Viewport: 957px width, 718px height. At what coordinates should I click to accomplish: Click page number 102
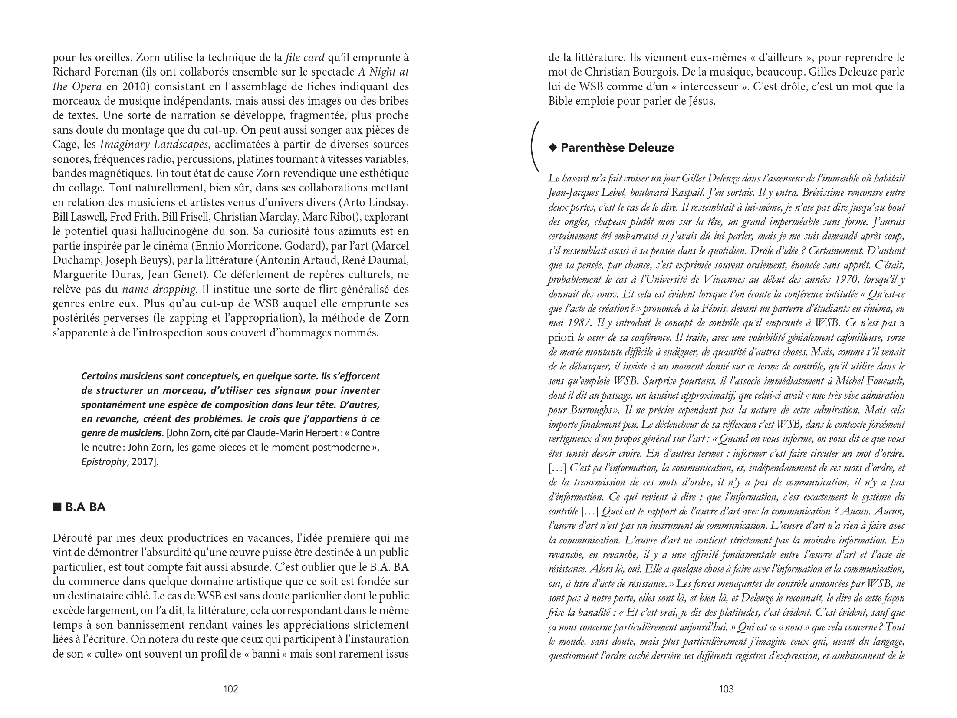tap(230, 689)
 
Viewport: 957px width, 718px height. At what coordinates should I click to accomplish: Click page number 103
tap(726, 689)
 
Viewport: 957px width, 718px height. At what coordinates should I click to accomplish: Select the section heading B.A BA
tap(85, 507)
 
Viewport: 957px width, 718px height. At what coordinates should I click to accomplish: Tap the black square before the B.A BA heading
tap(57, 507)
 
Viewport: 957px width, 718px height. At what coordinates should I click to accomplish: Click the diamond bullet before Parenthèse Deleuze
tap(552, 148)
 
